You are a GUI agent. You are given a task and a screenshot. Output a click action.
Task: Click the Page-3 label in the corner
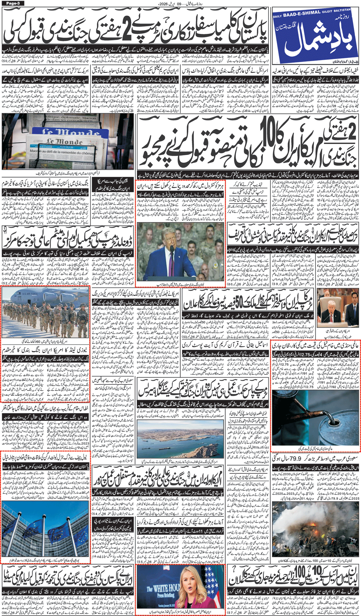13,3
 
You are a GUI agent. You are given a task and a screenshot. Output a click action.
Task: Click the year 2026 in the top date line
159,4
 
